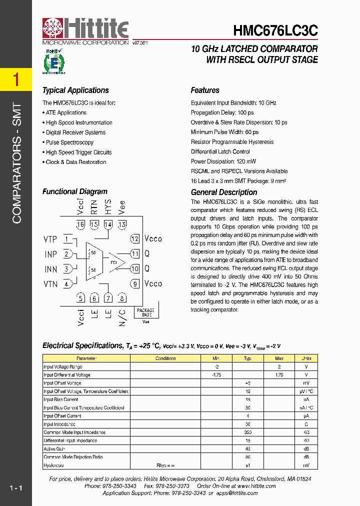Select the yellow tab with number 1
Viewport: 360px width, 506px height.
(16, 79)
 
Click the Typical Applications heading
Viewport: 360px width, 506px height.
(75, 90)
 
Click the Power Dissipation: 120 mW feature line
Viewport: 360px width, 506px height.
(223, 161)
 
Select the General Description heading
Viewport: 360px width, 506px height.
(224, 192)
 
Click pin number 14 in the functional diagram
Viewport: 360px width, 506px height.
(108, 224)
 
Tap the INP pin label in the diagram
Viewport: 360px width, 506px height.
(51, 254)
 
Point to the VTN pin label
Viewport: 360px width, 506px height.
(50, 284)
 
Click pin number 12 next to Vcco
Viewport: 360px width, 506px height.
(134, 238)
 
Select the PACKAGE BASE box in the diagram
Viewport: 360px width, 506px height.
(145, 312)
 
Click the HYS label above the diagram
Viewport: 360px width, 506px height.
(108, 207)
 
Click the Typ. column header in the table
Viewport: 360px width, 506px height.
(247, 358)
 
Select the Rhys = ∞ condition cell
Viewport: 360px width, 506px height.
(164, 465)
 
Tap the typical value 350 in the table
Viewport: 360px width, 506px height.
(247, 432)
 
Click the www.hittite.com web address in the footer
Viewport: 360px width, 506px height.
(257, 486)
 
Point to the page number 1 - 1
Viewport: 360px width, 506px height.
(15, 488)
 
